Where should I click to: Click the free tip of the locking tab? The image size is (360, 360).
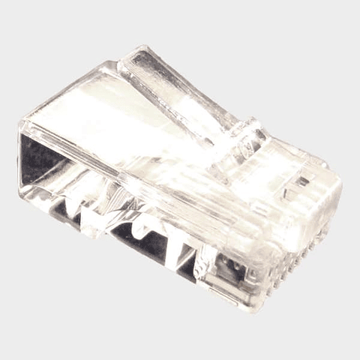point(135,58)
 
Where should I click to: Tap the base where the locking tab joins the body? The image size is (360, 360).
point(244,142)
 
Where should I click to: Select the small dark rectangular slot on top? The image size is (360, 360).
point(301,181)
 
